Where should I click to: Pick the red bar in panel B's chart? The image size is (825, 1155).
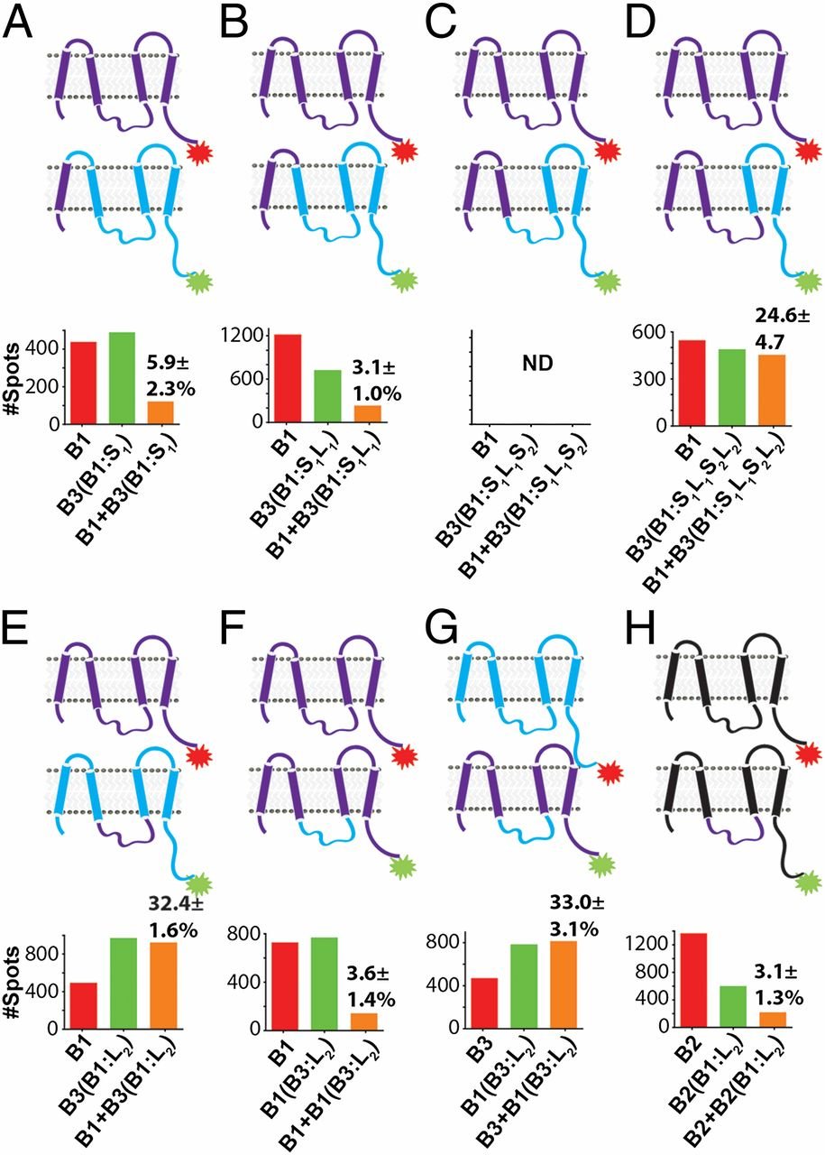(290, 378)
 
